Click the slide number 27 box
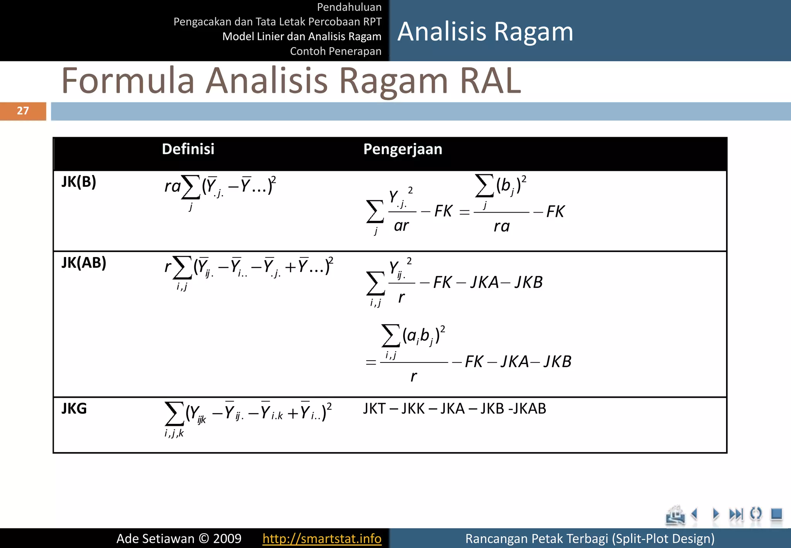23,111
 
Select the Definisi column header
188,149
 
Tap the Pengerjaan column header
402,149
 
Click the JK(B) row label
79,182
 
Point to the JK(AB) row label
84,263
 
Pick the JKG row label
74,408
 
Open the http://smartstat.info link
322,538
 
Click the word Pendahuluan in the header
349,7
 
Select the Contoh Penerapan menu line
335,51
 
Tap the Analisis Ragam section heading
485,31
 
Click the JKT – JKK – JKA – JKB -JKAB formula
454,408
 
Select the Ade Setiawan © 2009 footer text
179,538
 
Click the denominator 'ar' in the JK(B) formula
401,226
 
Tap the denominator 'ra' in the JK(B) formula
501,226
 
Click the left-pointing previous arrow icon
695,514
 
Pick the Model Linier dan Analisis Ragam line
302,36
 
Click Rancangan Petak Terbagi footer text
589,538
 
